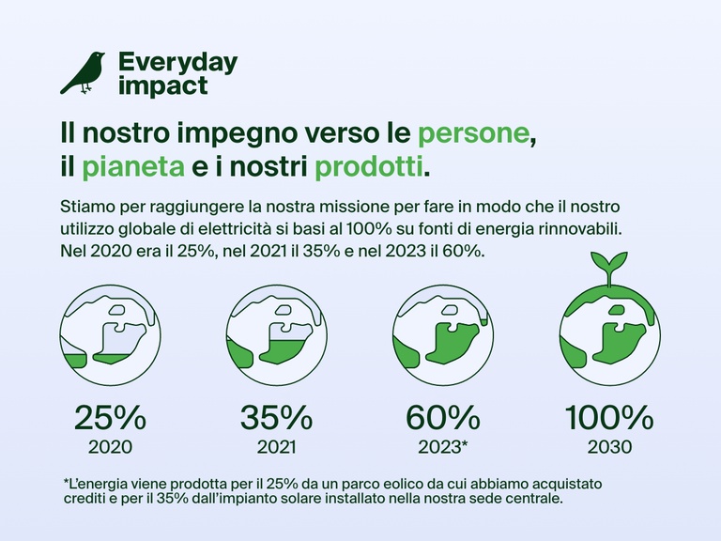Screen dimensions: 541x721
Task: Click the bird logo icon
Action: pos(83,73)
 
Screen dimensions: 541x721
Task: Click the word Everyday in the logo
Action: pos(177,63)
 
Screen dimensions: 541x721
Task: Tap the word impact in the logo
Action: pos(162,85)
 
